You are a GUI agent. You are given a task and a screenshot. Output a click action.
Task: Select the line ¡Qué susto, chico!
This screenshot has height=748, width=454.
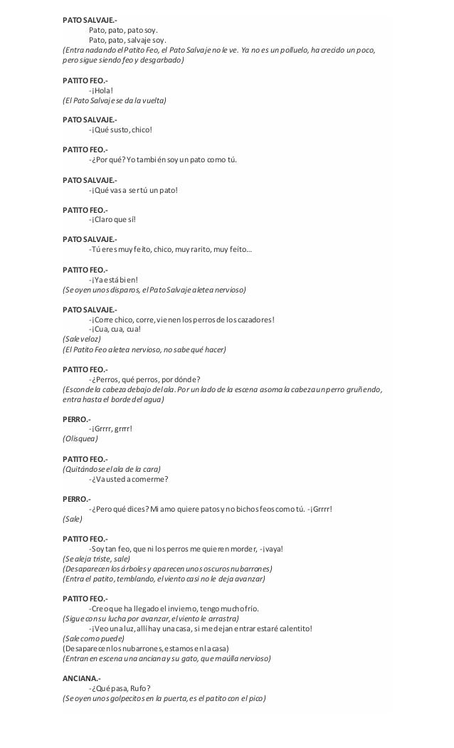tap(120, 130)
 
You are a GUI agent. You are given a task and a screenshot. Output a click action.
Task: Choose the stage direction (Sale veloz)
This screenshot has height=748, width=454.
tap(82, 339)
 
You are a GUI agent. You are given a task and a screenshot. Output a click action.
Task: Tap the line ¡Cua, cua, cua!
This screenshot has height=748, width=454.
tap(115, 329)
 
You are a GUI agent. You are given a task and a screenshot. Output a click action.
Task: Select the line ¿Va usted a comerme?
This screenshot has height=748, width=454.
tap(129, 478)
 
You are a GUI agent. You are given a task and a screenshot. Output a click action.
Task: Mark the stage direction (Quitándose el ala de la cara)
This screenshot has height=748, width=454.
tap(112, 468)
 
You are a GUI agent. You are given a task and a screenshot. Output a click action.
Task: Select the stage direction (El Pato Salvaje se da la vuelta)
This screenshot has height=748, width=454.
tap(114, 101)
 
